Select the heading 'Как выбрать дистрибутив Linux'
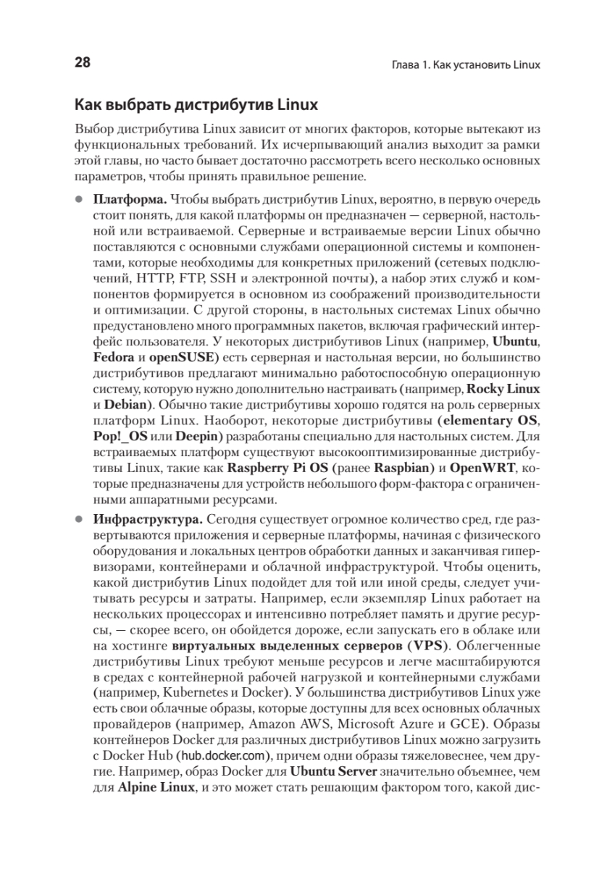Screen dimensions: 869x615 tap(196, 105)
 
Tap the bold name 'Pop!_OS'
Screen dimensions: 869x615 tap(120, 437)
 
